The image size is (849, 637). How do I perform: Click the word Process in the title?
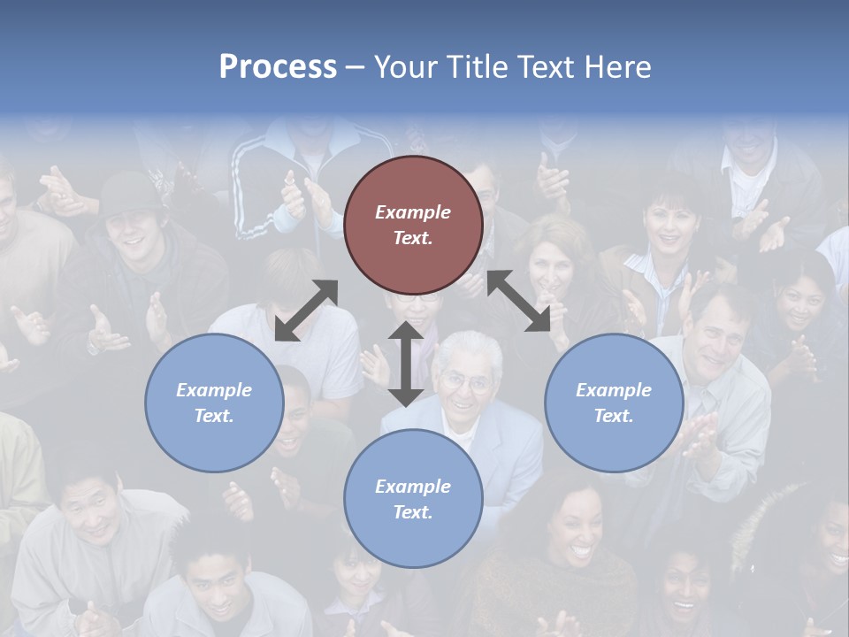coord(278,67)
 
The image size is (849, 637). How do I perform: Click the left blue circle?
coord(214,403)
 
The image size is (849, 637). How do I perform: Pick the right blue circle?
coord(614,403)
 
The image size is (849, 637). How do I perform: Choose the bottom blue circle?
coord(413,498)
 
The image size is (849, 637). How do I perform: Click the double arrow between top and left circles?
coord(306,311)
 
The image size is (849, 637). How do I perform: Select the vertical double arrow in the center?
coord(406,364)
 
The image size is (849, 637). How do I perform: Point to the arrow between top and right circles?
coord(527,301)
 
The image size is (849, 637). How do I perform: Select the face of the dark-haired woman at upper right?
coord(669,226)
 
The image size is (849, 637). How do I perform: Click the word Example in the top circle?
coord(413,212)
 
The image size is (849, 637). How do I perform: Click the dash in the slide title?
coord(356,68)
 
